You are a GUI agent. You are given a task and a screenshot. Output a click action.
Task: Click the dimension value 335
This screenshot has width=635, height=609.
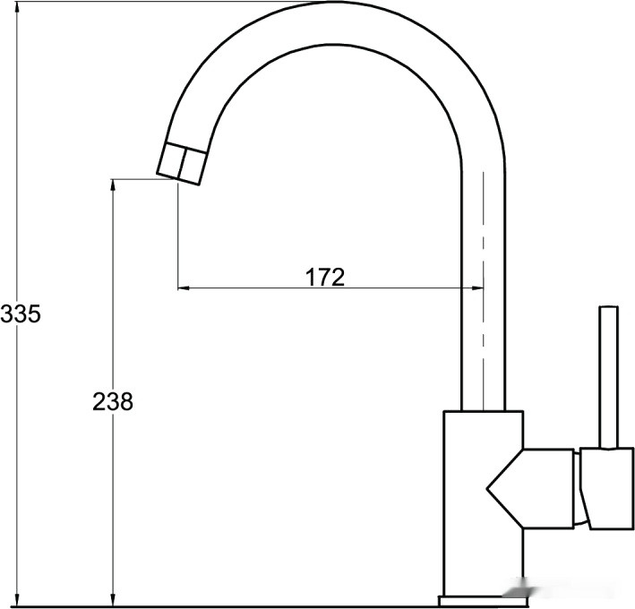(21, 313)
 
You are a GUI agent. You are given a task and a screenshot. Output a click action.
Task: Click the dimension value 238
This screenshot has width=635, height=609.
(113, 402)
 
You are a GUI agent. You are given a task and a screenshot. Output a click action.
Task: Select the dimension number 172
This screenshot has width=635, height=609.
(325, 278)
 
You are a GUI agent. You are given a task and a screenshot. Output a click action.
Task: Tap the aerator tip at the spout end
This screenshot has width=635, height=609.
(182, 163)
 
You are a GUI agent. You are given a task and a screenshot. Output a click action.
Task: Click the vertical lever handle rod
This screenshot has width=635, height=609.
(609, 377)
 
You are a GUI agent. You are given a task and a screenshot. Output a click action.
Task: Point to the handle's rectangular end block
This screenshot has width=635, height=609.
(607, 488)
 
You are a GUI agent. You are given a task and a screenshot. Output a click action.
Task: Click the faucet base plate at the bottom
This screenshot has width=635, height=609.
(483, 601)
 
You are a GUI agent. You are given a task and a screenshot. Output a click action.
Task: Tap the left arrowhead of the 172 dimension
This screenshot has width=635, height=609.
(184, 288)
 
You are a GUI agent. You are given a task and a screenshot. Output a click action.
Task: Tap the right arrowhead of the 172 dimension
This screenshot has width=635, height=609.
(477, 288)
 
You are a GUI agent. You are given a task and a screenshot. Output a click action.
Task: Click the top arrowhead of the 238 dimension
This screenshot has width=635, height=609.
(114, 185)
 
